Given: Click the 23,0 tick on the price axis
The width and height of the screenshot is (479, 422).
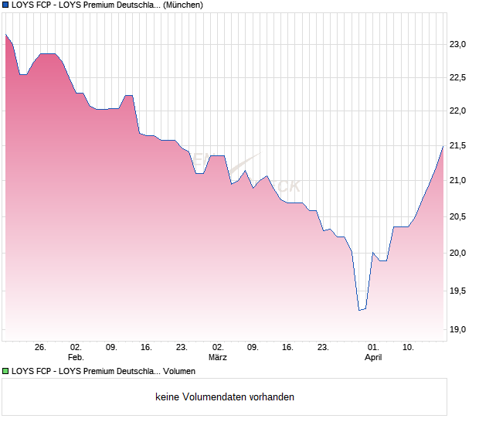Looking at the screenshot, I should (x=460, y=45).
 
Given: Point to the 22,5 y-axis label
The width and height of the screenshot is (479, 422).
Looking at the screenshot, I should (x=460, y=77).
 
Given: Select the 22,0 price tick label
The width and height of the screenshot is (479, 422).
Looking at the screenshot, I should (x=460, y=111).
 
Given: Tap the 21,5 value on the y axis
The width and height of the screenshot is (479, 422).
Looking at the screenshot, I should (x=460, y=146).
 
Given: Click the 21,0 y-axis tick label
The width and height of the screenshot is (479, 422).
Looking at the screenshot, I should (x=460, y=181).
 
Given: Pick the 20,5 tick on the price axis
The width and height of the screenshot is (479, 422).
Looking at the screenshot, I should (x=460, y=217).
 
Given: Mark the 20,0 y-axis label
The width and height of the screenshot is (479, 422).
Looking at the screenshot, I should (x=460, y=254).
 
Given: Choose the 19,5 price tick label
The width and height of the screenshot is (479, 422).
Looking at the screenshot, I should (x=460, y=291).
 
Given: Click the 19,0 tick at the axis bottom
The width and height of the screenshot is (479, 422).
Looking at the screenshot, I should (x=460, y=330).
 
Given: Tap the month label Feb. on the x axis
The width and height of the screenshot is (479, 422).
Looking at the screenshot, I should (x=76, y=358).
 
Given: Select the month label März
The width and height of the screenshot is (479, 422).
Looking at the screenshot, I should (x=218, y=358).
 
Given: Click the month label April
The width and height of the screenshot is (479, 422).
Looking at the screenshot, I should (x=373, y=358).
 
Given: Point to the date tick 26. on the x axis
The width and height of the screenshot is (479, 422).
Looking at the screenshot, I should (x=41, y=347).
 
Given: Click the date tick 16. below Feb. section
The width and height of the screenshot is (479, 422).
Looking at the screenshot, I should (x=147, y=347).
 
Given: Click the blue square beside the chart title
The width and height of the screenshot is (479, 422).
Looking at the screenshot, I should (x=5, y=5).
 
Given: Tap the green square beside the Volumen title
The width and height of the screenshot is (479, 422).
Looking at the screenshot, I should (x=5, y=372).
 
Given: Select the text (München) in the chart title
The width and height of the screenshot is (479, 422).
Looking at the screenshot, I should (x=183, y=5).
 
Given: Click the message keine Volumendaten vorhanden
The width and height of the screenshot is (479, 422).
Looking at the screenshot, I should (x=225, y=397).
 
